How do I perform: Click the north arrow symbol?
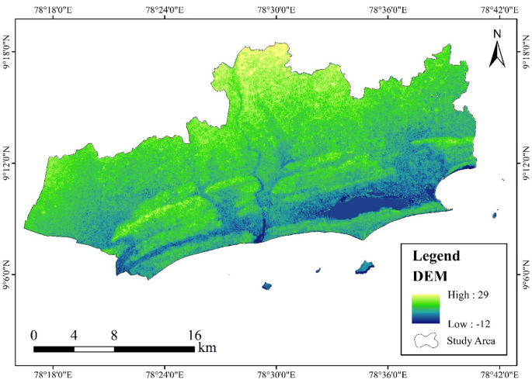point(498,53)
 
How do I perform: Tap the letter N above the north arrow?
point(498,33)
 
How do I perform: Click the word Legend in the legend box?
point(437,256)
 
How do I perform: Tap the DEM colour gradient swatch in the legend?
point(426,309)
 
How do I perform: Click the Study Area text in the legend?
point(471,340)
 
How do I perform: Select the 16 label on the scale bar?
point(194,336)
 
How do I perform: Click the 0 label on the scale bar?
point(34,336)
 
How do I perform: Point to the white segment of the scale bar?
point(94,349)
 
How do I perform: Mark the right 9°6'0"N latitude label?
point(524,275)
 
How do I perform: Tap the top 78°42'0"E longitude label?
point(498,9)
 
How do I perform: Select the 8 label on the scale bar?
point(114,336)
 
